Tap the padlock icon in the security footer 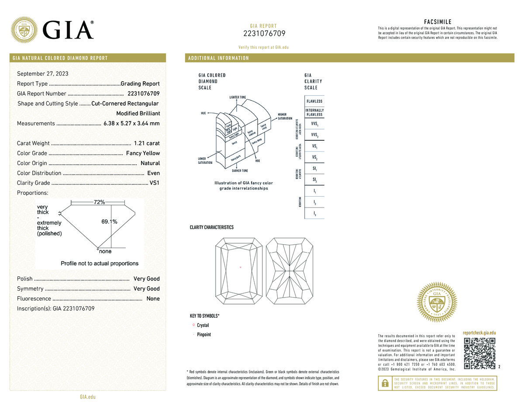(x=385, y=383)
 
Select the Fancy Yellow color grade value (x=143, y=153)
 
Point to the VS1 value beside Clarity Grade (x=155, y=183)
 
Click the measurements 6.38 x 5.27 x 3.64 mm (x=131, y=124)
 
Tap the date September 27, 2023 (x=42, y=74)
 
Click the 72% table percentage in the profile (x=99, y=202)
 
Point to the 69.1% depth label (x=109, y=222)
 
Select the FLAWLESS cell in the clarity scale (x=314, y=101)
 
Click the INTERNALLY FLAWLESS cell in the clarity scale (x=314, y=112)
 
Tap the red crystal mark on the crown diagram (x=241, y=267)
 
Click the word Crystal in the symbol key (x=203, y=325)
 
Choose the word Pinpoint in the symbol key (x=204, y=335)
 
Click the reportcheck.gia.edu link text (x=479, y=333)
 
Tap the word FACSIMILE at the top (x=438, y=22)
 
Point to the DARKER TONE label (x=237, y=171)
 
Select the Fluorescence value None (x=153, y=299)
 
